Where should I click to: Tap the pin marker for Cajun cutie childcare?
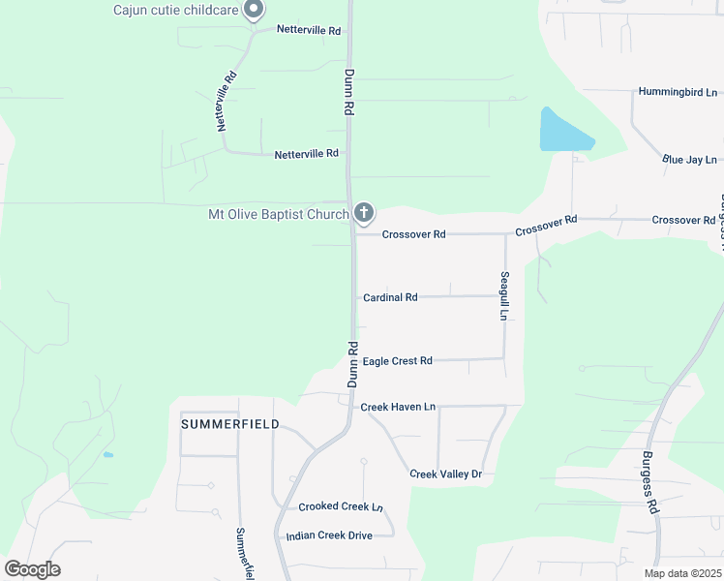[x=254, y=11]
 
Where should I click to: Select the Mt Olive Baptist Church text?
[x=278, y=214]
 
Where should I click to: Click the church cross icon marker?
[x=363, y=212]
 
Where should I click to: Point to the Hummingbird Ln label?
[x=678, y=92]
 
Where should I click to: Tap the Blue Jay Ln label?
[x=689, y=159]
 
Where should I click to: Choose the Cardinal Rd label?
[x=390, y=297]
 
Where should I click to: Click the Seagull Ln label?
[x=504, y=296]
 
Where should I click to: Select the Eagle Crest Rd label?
[x=397, y=361]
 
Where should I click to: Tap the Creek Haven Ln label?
[x=398, y=407]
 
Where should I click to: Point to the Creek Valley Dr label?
[x=445, y=474]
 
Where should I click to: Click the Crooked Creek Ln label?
[x=341, y=506]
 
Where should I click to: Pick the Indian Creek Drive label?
[x=329, y=535]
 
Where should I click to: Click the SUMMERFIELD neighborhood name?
[x=230, y=424]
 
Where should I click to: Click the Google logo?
[x=32, y=569]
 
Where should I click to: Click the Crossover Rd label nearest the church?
[x=413, y=234]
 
